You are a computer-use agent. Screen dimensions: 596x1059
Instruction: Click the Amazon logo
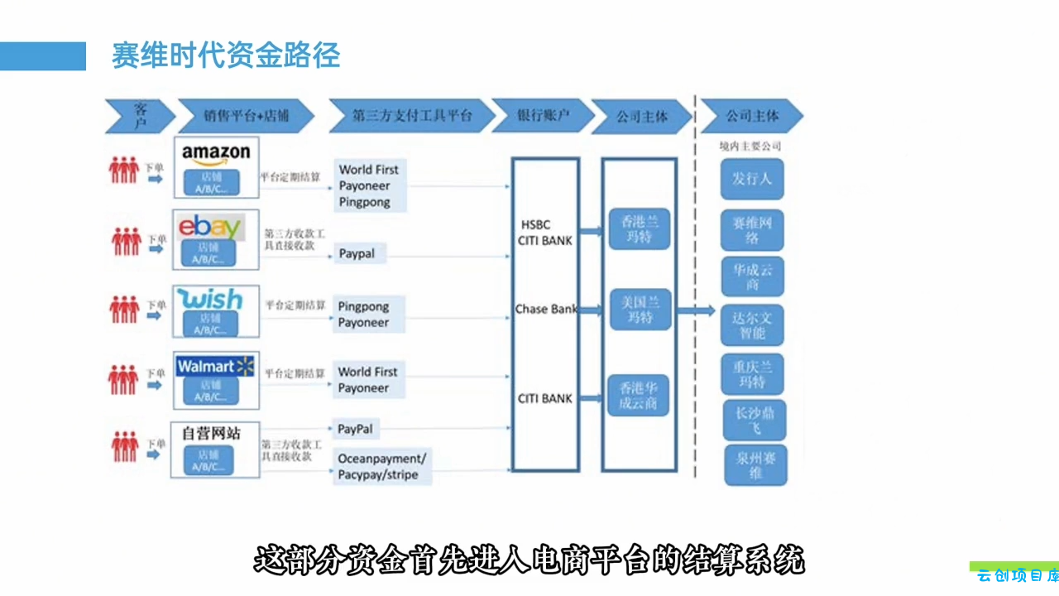tap(216, 154)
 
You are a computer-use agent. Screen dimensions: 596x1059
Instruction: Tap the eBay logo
tap(210, 226)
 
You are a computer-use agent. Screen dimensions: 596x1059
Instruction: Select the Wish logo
tap(210, 299)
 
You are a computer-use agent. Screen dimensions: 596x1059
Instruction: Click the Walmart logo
tap(215, 366)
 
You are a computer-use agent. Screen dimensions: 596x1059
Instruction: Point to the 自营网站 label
tap(211, 432)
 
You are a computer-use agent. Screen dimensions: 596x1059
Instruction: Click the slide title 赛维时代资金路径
tap(226, 56)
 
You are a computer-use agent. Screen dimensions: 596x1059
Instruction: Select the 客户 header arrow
tap(140, 116)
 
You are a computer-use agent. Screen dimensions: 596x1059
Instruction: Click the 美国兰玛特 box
tap(640, 310)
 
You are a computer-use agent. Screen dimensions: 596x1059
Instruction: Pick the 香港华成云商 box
tap(639, 395)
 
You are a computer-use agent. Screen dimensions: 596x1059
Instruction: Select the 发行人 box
tap(752, 179)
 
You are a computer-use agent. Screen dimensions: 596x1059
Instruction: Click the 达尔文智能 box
tap(752, 324)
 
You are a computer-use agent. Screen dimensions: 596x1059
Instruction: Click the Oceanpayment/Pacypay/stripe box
tap(381, 467)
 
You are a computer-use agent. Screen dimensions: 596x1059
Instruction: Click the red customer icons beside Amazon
tap(123, 170)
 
